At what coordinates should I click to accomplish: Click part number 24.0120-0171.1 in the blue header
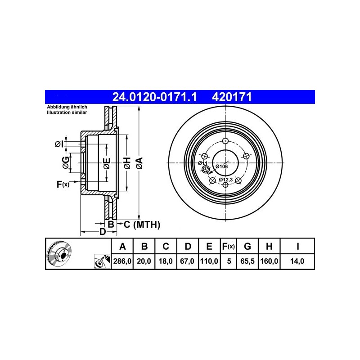154,97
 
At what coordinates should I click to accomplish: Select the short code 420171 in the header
232,97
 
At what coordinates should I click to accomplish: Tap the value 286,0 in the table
122,261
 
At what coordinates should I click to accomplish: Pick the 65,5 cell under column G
247,261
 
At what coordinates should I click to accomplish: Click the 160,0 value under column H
269,261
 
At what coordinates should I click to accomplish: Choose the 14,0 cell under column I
297,261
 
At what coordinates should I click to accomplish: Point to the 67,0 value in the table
187,261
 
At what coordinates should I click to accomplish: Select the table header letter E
209,246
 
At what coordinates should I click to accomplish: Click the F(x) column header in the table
229,246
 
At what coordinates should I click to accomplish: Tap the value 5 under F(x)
229,261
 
